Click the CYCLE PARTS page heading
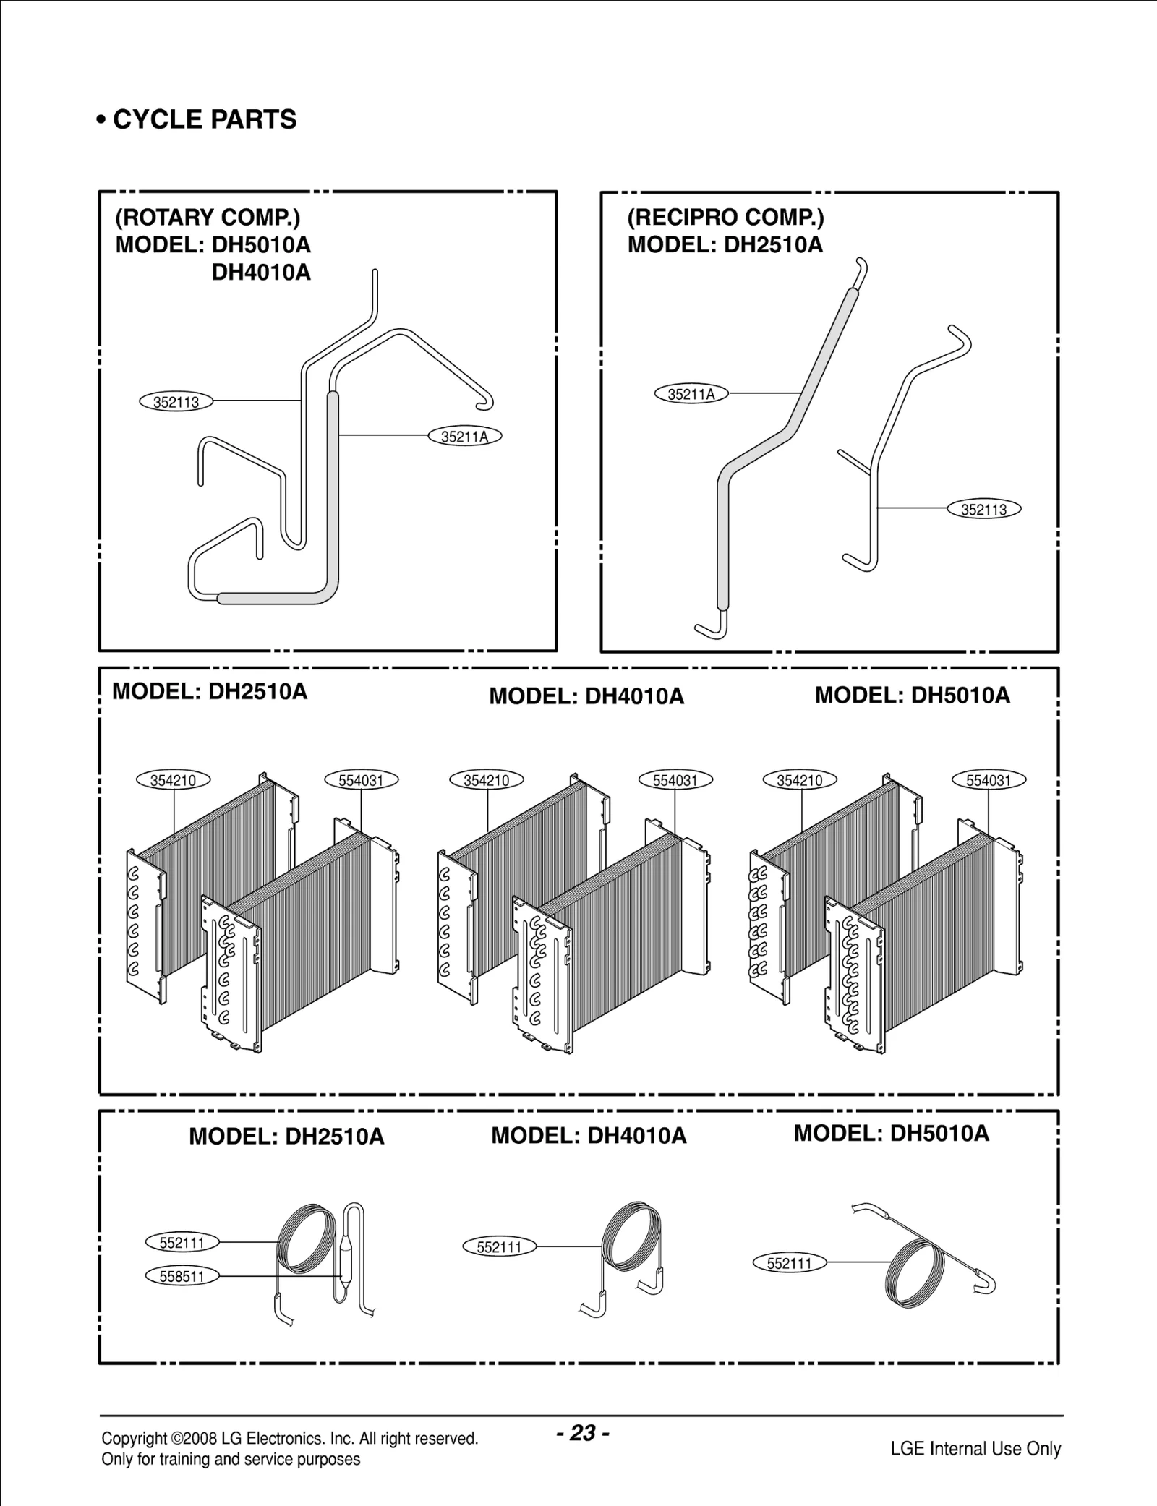(x=197, y=119)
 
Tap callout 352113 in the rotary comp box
(x=176, y=402)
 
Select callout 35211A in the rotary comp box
(x=464, y=437)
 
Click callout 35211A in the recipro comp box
(x=691, y=394)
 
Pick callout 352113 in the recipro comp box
(x=983, y=509)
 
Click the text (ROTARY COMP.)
(x=208, y=217)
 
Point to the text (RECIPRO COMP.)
(x=725, y=217)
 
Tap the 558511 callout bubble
(x=182, y=1276)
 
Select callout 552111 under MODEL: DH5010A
(x=789, y=1263)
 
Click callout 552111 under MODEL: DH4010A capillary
(x=499, y=1247)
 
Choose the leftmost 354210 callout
(x=173, y=780)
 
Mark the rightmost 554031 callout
(x=989, y=780)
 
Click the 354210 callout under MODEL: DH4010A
(x=486, y=780)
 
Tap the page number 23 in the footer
(x=583, y=1432)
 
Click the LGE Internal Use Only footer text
(x=975, y=1448)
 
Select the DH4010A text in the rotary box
(x=261, y=273)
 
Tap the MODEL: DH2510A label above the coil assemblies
(x=210, y=692)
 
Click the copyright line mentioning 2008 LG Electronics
(x=289, y=1438)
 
